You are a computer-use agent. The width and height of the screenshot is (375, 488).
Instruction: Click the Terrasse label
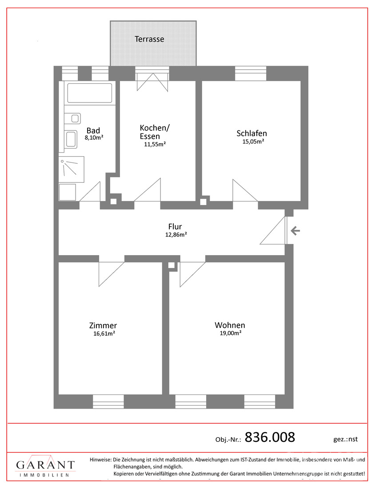coord(149,39)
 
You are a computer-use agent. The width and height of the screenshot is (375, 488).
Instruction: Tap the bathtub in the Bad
coord(89,93)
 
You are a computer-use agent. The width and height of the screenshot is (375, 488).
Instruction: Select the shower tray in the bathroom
coord(72,169)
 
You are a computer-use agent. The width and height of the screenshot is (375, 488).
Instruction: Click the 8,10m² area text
coord(94,138)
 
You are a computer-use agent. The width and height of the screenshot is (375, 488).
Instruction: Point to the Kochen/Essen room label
coord(154,132)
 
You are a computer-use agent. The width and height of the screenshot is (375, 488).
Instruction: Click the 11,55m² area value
coord(155,145)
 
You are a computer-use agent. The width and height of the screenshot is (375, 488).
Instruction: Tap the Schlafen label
coord(251,134)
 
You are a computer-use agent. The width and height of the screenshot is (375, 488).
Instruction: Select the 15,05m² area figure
coord(253,142)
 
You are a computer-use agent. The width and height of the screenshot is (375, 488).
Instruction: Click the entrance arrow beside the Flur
coord(295,231)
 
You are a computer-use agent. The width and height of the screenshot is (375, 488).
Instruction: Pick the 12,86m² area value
coord(176,235)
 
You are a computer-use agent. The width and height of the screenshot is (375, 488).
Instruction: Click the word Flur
coord(175,227)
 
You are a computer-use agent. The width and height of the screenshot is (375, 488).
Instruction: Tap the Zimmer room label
coord(103,326)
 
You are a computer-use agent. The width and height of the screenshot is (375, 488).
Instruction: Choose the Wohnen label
coord(230,325)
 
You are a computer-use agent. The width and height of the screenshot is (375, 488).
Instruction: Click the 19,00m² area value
coord(231,333)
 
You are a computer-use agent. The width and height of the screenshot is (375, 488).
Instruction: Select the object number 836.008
coord(270,437)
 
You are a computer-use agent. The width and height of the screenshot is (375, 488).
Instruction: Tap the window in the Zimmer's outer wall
coord(108,401)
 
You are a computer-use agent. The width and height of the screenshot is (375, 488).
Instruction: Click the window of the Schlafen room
coord(251,74)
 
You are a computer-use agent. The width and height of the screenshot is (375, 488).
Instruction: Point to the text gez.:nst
coord(345,439)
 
